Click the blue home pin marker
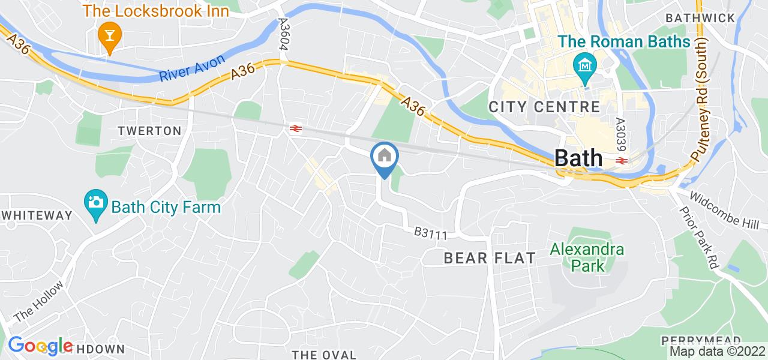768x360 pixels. [x=383, y=157]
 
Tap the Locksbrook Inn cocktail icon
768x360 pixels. [x=110, y=34]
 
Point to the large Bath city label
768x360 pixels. [x=578, y=158]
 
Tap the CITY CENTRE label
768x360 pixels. [x=544, y=107]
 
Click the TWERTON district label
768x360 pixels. [x=149, y=131]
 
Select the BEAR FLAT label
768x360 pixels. [x=489, y=258]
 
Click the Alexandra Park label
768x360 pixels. [x=578, y=257]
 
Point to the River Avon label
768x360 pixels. [x=192, y=68]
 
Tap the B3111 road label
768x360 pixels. [x=431, y=234]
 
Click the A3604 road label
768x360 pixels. [x=284, y=34]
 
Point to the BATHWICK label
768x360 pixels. [x=700, y=17]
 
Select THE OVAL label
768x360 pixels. [x=323, y=354]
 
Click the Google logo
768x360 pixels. [x=40, y=346]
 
